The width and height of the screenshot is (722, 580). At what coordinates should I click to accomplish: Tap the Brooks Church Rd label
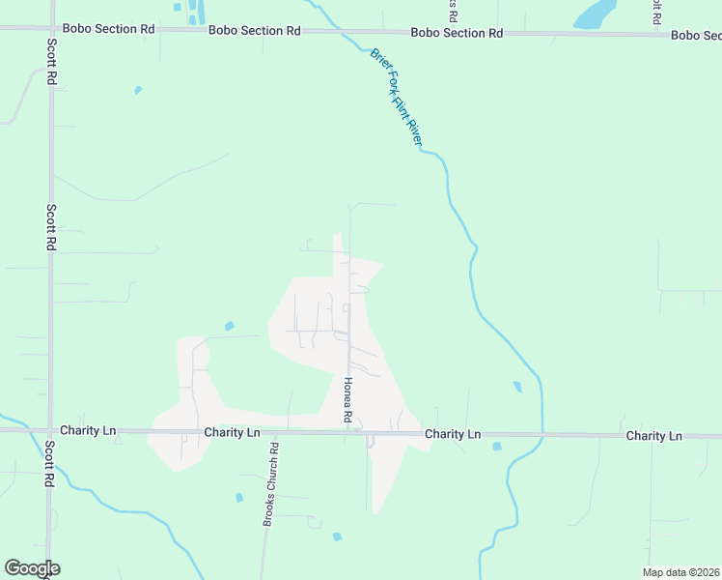tap(271, 484)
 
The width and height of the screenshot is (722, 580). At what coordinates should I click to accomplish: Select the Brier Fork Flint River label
tap(397, 99)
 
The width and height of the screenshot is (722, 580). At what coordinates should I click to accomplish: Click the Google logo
tap(32, 568)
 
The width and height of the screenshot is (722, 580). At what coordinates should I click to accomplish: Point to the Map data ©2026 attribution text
tap(681, 572)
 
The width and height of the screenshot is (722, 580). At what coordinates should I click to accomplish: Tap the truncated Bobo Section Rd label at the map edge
tap(696, 35)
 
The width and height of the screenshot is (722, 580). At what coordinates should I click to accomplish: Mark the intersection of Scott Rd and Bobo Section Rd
tap(50, 29)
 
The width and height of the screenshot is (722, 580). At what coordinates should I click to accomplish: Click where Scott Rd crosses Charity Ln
tap(50, 430)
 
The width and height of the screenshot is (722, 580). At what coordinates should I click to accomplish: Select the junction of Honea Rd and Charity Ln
tap(348, 432)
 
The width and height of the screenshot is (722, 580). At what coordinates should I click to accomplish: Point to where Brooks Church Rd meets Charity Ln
tap(274, 432)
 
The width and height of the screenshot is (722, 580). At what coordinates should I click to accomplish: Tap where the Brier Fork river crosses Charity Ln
tap(541, 435)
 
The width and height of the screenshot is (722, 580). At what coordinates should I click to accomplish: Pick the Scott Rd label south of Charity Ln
tap(48, 464)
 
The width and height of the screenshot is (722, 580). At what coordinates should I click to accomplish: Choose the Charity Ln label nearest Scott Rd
tap(87, 429)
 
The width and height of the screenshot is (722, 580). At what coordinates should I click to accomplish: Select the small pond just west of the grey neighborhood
tap(229, 326)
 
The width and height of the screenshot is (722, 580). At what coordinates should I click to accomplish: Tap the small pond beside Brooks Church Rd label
tap(239, 498)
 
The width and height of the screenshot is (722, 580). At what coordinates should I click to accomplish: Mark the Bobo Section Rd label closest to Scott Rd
tap(119, 29)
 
